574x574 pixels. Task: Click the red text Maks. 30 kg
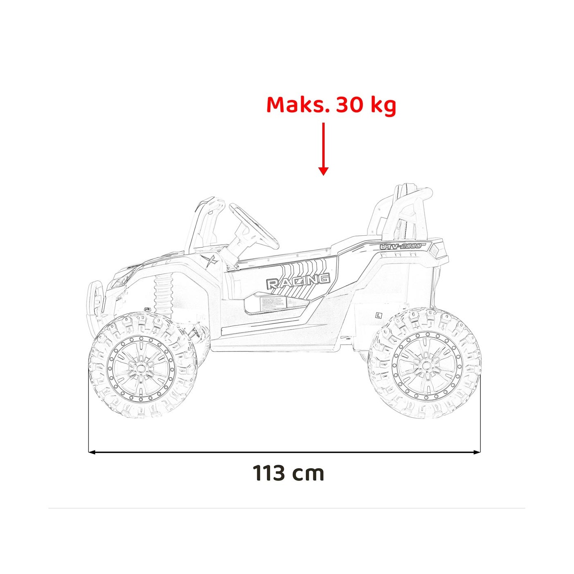click(x=331, y=105)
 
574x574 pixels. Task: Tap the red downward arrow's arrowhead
click(x=323, y=171)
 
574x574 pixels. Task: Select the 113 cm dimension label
click(x=289, y=473)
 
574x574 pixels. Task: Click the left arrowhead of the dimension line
click(x=91, y=452)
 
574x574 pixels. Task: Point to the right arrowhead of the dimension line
click(x=477, y=452)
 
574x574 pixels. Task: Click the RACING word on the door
click(x=298, y=282)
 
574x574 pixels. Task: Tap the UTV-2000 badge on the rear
click(x=400, y=246)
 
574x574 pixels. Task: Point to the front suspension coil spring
click(x=163, y=292)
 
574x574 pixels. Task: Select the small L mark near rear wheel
click(x=378, y=315)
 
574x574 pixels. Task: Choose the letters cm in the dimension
click(x=308, y=474)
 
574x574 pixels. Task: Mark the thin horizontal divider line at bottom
click(x=287, y=508)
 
